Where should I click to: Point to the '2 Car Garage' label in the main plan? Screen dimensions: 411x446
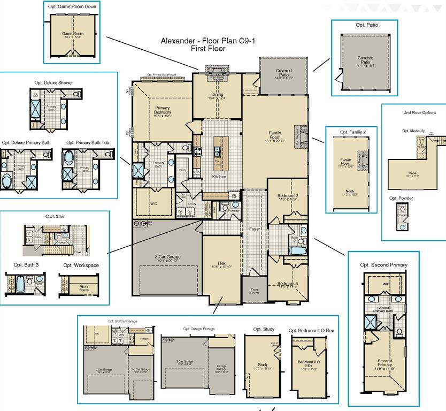coord(167,257)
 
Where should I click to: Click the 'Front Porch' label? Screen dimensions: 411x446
coord(255,292)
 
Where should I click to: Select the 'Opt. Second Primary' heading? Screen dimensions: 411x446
coord(383,265)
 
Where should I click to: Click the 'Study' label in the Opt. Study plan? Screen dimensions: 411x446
coord(262,365)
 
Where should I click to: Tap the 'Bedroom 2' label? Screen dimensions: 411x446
coord(288,196)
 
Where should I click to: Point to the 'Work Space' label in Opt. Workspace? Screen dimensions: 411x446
coord(84,287)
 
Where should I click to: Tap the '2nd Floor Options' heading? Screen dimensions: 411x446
coord(420,113)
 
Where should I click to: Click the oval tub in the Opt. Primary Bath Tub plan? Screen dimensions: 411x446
coord(69,164)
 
